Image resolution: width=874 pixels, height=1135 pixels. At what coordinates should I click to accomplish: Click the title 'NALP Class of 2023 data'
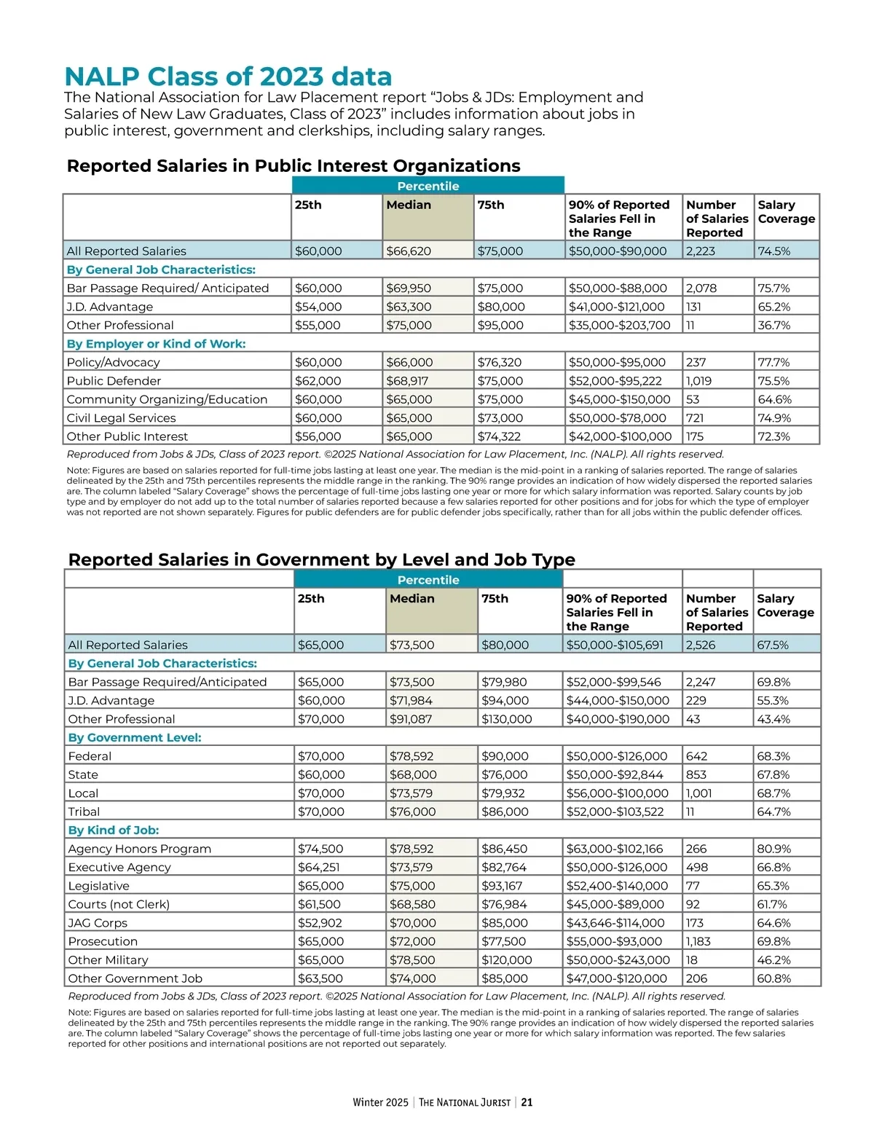click(228, 76)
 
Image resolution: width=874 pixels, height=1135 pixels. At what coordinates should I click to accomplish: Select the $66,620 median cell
click(409, 251)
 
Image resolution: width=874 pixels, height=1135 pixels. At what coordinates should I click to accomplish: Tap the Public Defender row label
click(114, 381)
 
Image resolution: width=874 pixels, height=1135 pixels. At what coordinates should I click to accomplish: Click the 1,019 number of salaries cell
click(699, 381)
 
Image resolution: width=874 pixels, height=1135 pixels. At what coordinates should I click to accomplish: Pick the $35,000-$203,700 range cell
click(619, 326)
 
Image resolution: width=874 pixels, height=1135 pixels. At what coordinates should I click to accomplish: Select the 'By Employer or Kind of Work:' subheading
click(156, 344)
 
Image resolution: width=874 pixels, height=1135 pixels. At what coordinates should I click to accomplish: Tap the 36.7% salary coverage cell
click(773, 326)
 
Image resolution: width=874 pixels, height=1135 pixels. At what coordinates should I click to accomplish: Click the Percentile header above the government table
click(428, 580)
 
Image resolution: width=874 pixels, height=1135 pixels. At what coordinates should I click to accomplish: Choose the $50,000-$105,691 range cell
click(615, 645)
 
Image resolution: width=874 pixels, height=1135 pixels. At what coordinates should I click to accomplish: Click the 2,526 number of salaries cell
click(701, 645)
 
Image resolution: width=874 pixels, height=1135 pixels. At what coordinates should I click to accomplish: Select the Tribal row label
click(84, 812)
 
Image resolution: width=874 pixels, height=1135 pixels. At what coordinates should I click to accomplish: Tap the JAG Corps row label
click(98, 923)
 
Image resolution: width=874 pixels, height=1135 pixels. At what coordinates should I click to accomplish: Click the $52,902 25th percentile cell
click(320, 923)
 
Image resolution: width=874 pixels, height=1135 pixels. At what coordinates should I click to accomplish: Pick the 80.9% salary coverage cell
click(773, 849)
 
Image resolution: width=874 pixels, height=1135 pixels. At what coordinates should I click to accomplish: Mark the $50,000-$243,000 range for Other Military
click(618, 960)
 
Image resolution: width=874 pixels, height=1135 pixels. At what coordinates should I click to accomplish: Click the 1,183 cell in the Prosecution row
click(701, 941)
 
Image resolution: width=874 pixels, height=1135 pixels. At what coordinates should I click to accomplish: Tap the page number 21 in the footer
click(527, 1102)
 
